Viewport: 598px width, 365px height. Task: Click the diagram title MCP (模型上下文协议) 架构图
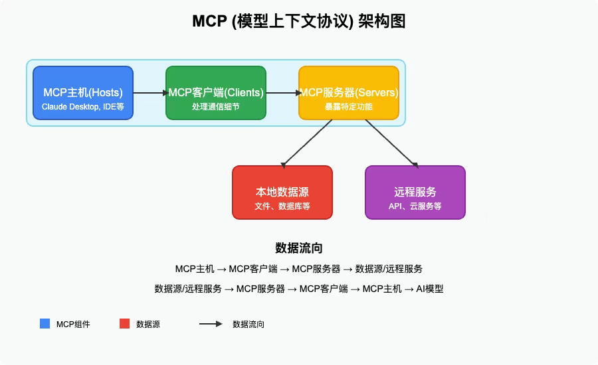tap(298, 22)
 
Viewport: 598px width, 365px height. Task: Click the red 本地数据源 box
tap(282, 192)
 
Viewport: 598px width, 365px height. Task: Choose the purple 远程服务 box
tap(415, 192)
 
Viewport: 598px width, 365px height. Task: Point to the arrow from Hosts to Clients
tap(149, 93)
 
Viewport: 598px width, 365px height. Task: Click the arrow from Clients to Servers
tap(282, 93)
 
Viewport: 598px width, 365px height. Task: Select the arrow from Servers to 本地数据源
tap(307, 143)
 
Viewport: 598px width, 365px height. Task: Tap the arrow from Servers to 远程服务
tap(391, 143)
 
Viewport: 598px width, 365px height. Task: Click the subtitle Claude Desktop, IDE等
tap(83, 106)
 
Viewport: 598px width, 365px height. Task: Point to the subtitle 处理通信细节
tap(216, 106)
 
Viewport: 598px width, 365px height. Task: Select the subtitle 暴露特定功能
tap(349, 106)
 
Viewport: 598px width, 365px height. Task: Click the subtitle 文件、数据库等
tap(282, 206)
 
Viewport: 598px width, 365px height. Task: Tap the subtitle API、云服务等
tap(415, 206)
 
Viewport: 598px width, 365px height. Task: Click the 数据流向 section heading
tap(298, 248)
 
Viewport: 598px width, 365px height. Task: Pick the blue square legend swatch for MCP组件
tap(45, 324)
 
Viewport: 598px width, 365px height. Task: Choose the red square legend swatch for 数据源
tap(124, 324)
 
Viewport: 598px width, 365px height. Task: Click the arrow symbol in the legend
tap(211, 324)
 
